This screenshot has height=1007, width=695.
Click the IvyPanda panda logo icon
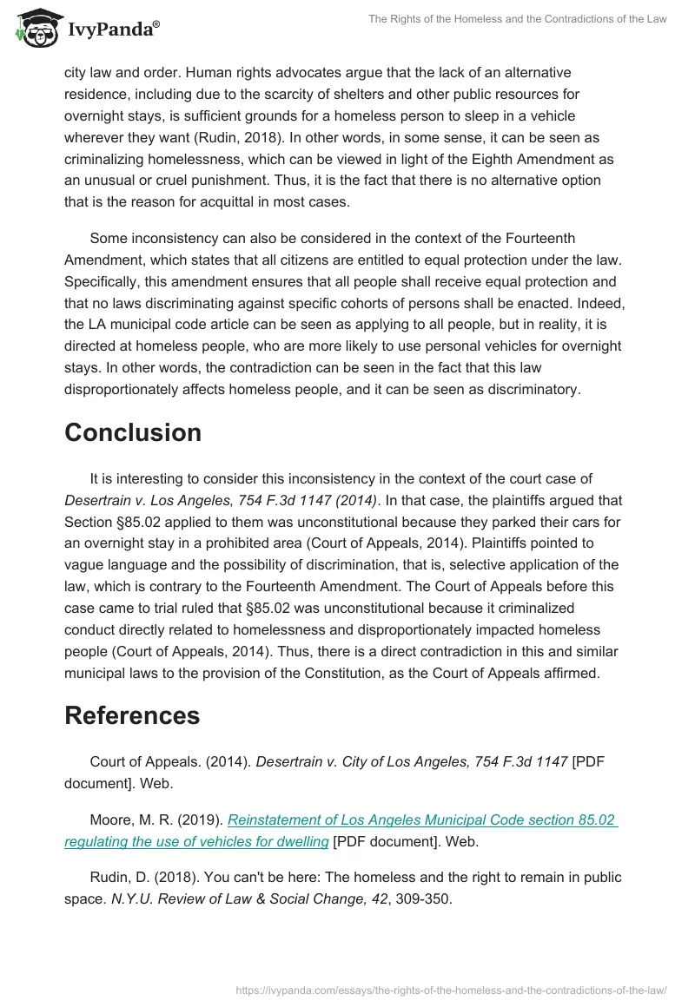pyautogui.click(x=36, y=29)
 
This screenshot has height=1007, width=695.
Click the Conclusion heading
pyautogui.click(x=133, y=432)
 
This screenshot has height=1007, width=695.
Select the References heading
pyautogui.click(x=132, y=715)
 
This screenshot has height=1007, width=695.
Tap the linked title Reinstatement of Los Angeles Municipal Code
pyautogui.click(x=422, y=819)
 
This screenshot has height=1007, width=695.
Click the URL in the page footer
pyautogui.click(x=451, y=989)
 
